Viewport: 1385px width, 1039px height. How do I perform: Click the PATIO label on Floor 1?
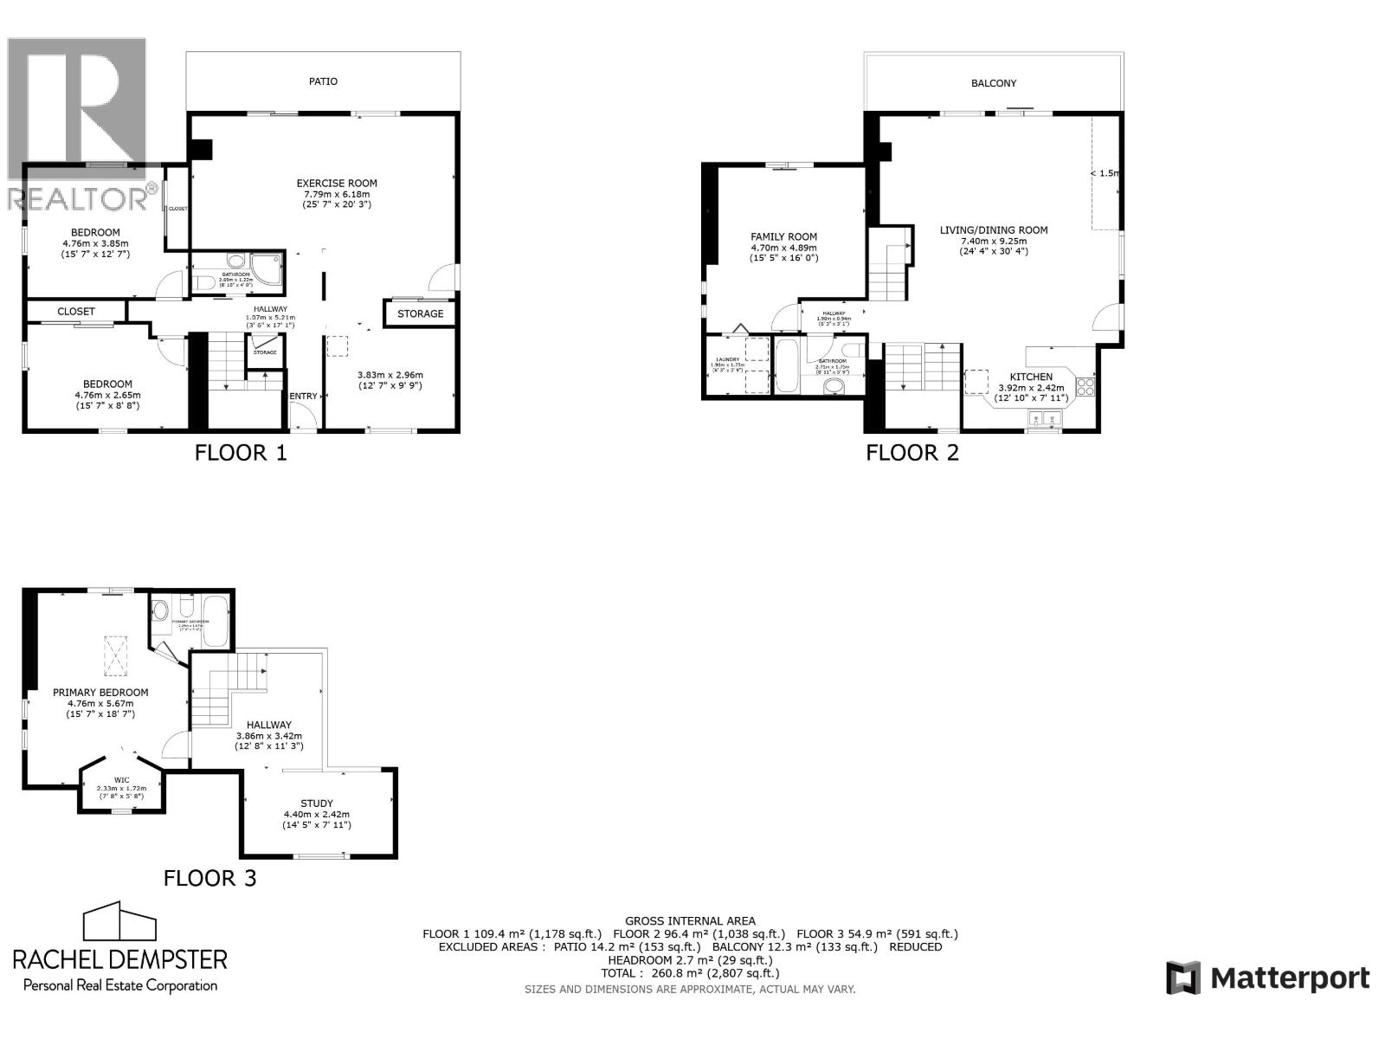click(323, 81)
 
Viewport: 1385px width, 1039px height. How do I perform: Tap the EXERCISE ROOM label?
click(337, 183)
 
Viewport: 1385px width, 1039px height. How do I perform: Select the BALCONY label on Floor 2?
click(993, 83)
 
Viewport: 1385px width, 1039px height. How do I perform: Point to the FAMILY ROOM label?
click(783, 236)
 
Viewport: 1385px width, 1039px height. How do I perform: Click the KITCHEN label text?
click(1031, 377)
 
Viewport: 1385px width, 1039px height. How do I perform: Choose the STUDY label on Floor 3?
click(316, 803)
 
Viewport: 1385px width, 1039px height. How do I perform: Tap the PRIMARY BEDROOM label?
click(100, 693)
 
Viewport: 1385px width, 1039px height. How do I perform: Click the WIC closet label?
click(121, 780)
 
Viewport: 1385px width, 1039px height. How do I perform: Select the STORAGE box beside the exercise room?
click(420, 313)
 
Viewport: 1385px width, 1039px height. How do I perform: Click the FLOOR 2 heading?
click(912, 452)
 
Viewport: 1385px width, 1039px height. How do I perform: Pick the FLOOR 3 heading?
click(210, 878)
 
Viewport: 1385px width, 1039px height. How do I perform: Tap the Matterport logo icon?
click(1182, 978)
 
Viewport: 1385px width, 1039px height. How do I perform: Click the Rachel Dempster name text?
click(119, 958)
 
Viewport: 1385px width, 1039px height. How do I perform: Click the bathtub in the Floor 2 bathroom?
click(788, 366)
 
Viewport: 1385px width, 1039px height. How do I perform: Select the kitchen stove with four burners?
click(1085, 386)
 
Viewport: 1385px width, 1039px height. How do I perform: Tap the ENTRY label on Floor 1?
click(303, 396)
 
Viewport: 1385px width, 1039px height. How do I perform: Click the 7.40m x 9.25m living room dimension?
click(993, 241)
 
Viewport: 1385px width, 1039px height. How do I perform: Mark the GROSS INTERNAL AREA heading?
click(689, 921)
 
